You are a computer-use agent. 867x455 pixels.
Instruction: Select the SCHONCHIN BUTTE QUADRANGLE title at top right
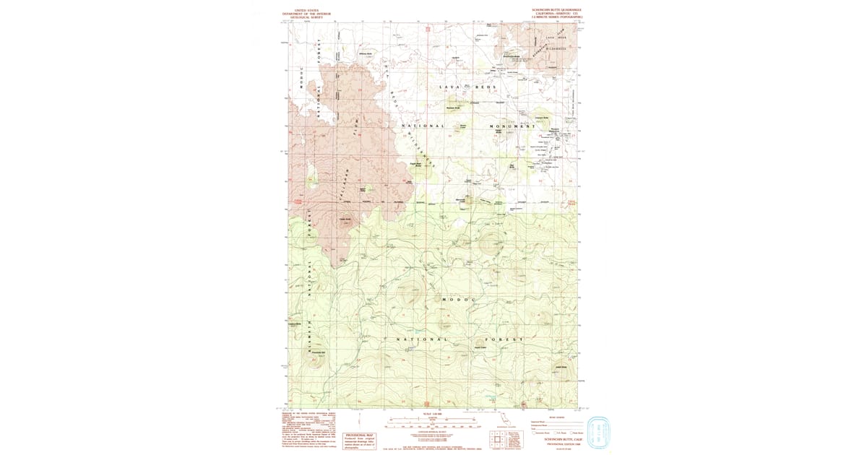click(x=556, y=10)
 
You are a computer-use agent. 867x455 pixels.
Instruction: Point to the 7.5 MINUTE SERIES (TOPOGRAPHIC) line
click(x=556, y=17)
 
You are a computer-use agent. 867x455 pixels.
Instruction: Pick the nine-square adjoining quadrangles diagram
click(x=496, y=439)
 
